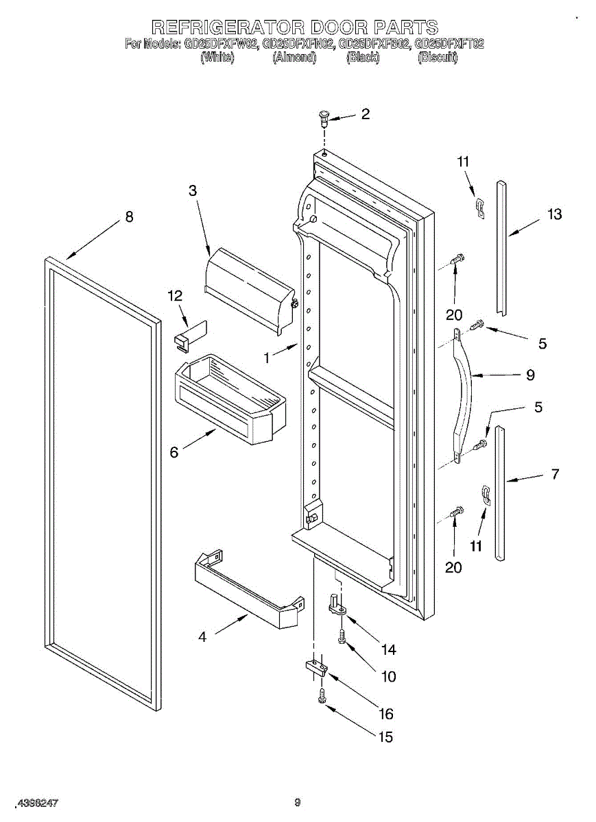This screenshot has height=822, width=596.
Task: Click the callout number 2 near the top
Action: [365, 114]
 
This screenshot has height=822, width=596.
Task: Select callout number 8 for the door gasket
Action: [129, 216]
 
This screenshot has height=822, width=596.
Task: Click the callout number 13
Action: [554, 214]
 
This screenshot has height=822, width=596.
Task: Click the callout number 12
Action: [176, 296]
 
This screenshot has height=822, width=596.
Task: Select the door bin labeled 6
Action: [230, 397]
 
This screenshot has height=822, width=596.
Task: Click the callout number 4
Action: [202, 637]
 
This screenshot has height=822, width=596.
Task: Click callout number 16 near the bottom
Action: [386, 714]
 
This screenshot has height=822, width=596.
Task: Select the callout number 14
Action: [388, 649]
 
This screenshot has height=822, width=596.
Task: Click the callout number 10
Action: [388, 677]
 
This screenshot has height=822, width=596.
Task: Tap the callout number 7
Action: [555, 473]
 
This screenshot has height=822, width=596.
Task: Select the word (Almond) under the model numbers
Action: [294, 58]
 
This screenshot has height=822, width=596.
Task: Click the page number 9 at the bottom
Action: [298, 803]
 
